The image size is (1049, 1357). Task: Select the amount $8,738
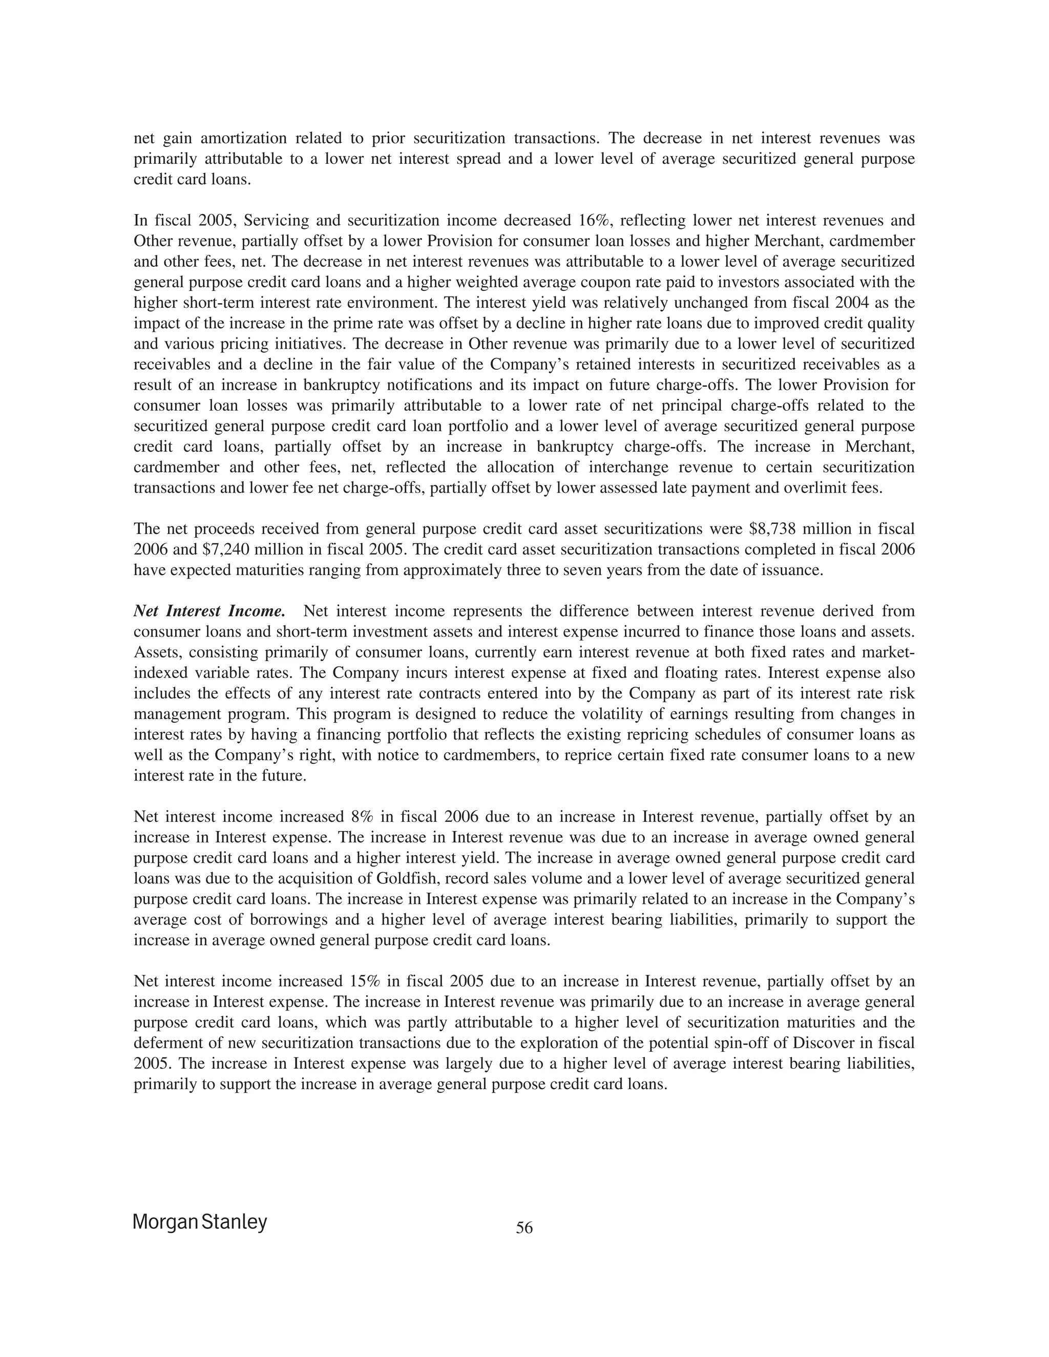770,529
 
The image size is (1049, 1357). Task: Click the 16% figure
588,221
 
